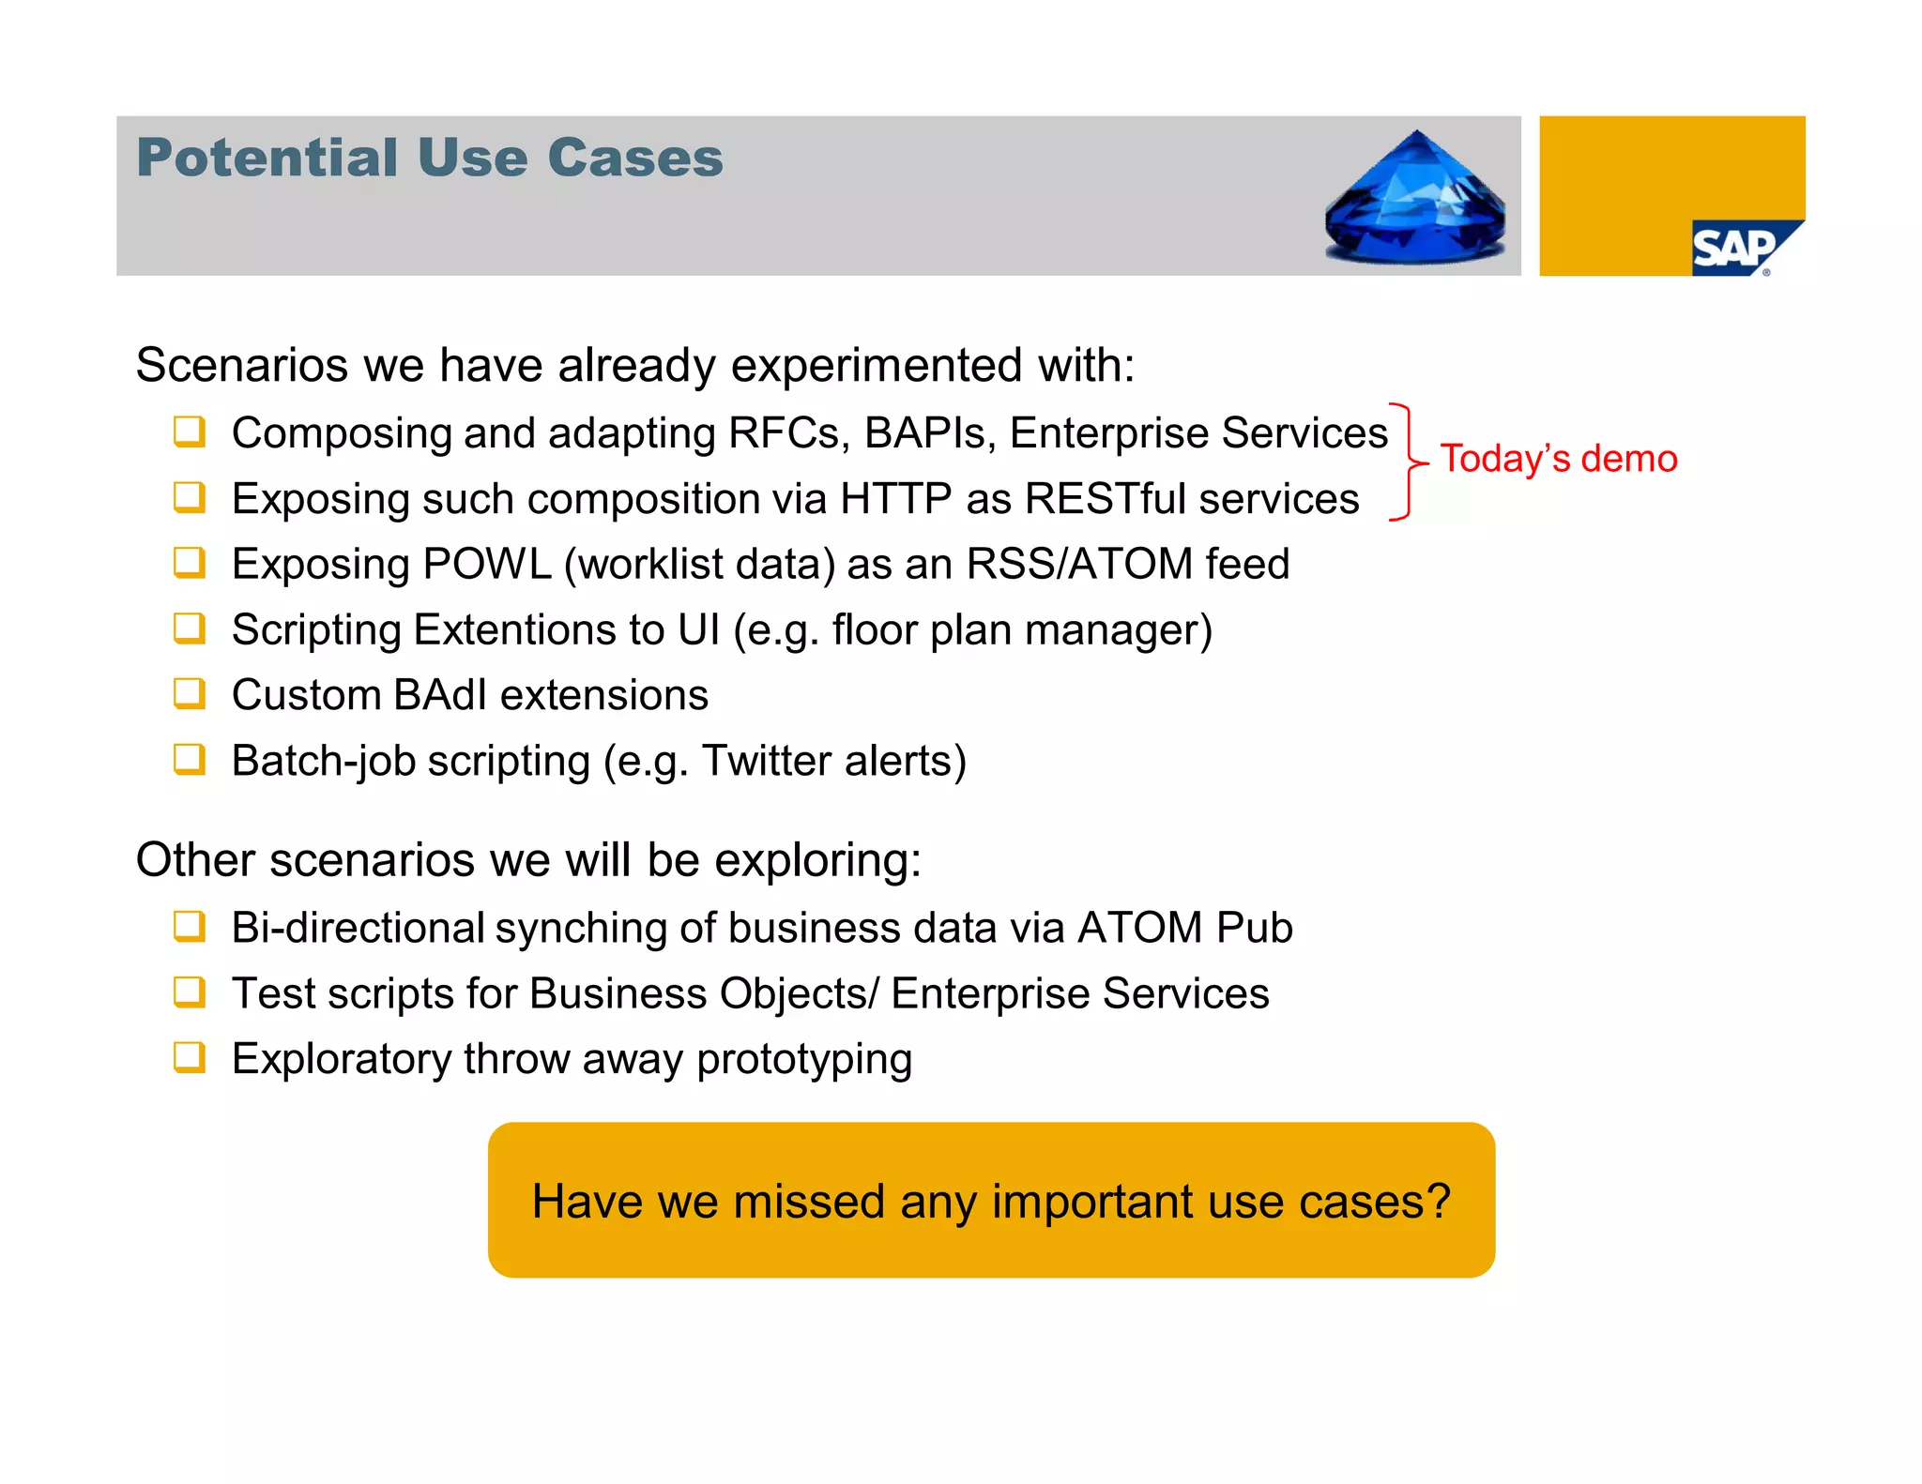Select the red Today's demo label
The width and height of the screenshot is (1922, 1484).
click(1559, 459)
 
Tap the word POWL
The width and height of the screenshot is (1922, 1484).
click(486, 565)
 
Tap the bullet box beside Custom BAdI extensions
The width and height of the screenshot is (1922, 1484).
click(189, 694)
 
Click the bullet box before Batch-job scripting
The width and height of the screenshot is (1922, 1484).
click(189, 759)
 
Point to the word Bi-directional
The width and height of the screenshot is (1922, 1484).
click(358, 928)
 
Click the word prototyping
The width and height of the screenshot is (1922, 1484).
click(804, 1060)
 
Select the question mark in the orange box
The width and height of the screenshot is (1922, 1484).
click(1438, 1201)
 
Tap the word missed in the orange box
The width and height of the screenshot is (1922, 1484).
click(809, 1202)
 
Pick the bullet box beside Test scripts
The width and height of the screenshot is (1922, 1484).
click(189, 992)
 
